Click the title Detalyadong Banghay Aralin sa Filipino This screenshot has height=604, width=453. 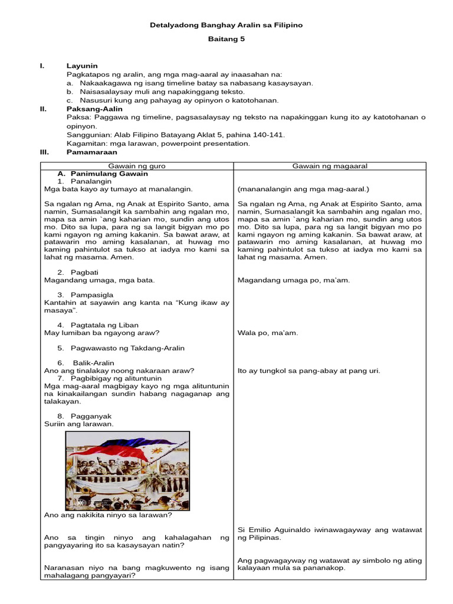coord(226,25)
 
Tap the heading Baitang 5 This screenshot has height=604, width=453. coord(226,40)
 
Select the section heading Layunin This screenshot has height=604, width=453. coord(82,65)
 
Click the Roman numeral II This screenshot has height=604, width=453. coord(42,109)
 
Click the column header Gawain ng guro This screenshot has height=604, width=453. coord(137,166)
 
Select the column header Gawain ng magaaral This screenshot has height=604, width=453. coord(330,166)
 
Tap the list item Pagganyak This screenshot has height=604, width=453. coord(91,416)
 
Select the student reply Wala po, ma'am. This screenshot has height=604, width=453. coord(268,333)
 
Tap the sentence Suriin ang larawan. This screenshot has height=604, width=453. coord(79,424)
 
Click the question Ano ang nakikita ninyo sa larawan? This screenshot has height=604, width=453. coord(108,515)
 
